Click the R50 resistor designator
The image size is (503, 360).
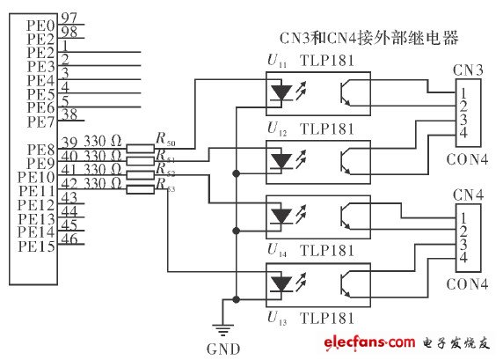point(164,139)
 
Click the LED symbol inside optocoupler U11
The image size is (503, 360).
point(283,91)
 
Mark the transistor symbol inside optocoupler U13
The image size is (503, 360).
point(348,283)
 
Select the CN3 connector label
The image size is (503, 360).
point(467,69)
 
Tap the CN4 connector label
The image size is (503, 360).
point(467,193)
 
